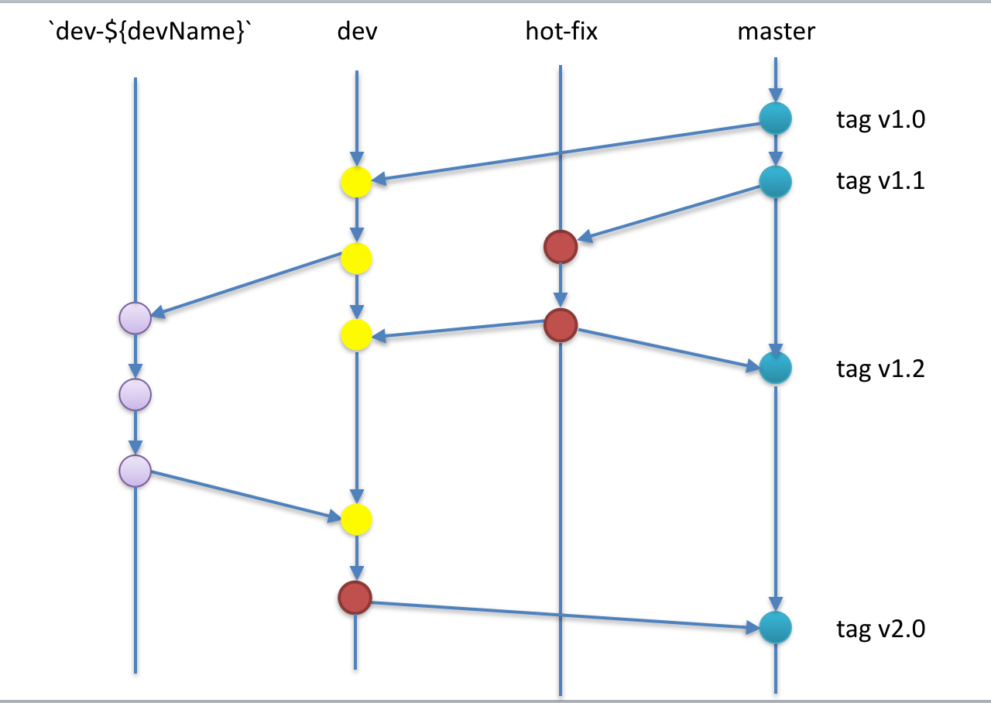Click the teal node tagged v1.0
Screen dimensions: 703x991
pyautogui.click(x=775, y=119)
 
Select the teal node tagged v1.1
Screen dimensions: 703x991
pyautogui.click(x=775, y=181)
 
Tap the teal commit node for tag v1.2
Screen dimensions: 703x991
pyautogui.click(x=775, y=367)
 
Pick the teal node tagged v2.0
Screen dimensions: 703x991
pyautogui.click(x=775, y=627)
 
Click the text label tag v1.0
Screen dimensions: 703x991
pyautogui.click(x=880, y=120)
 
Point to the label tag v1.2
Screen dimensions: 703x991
pyautogui.click(x=880, y=369)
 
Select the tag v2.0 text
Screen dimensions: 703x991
pyautogui.click(x=880, y=629)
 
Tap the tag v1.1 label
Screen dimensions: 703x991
pyautogui.click(x=880, y=182)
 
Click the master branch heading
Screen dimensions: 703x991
pyautogui.click(x=776, y=32)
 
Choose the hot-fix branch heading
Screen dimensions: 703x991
pyautogui.click(x=561, y=32)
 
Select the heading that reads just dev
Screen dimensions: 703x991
pyautogui.click(x=357, y=32)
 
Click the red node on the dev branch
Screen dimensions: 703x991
pyautogui.click(x=355, y=597)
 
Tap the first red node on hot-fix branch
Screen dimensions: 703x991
pyautogui.click(x=560, y=247)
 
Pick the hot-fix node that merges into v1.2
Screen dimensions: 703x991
pyautogui.click(x=560, y=325)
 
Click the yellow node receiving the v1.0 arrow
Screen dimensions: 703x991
pyautogui.click(x=356, y=183)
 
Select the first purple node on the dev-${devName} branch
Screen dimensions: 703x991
pyautogui.click(x=135, y=317)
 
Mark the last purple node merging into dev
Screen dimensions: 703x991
pyautogui.click(x=135, y=471)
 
